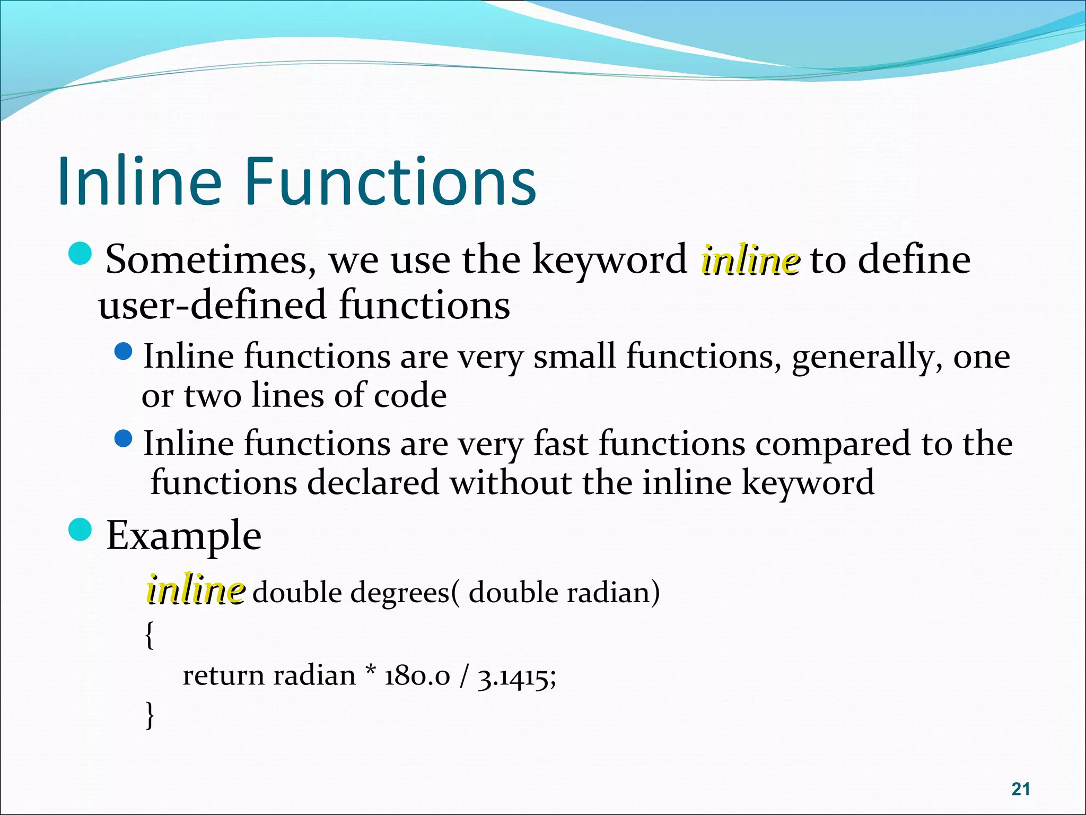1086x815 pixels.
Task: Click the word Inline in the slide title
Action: coord(139,181)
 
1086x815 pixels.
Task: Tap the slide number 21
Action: coord(1021,789)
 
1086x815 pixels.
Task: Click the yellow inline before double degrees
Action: coord(195,591)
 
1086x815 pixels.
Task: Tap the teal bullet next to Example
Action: coord(81,530)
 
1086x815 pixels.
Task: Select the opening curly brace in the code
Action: coord(150,635)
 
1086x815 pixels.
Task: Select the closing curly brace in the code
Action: coord(150,714)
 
